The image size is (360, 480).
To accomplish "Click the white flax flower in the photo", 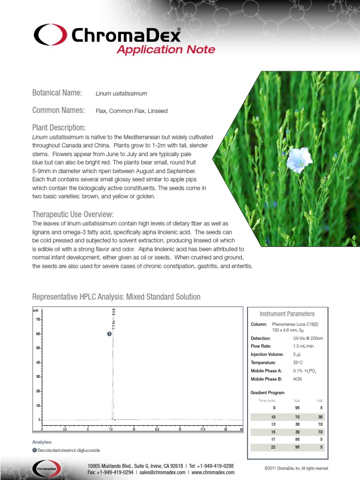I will pos(299,159).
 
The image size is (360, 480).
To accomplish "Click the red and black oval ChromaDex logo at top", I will pos(50,35).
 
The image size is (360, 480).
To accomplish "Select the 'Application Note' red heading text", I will pos(165,50).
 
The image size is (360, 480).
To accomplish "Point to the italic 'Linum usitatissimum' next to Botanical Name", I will pos(121,94).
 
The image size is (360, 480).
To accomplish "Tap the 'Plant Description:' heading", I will pos(59,128).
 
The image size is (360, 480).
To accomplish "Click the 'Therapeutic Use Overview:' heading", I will pos(73,214).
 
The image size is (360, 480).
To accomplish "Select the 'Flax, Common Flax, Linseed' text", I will pos(131,111).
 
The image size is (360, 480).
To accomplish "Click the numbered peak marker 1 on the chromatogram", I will pos(109,334).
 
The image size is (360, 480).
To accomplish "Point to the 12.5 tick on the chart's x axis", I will pos(157,429).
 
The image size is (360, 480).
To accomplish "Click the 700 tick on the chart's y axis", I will pos(37,319).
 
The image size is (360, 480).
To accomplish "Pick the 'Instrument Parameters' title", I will pos(287,314).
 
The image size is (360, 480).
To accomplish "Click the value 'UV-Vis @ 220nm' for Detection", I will pos(308,338).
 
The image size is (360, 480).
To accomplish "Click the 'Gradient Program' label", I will pos(268,393).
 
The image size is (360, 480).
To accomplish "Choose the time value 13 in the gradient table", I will pos(274,424).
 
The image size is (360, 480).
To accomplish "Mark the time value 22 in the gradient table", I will pos(274,447).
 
